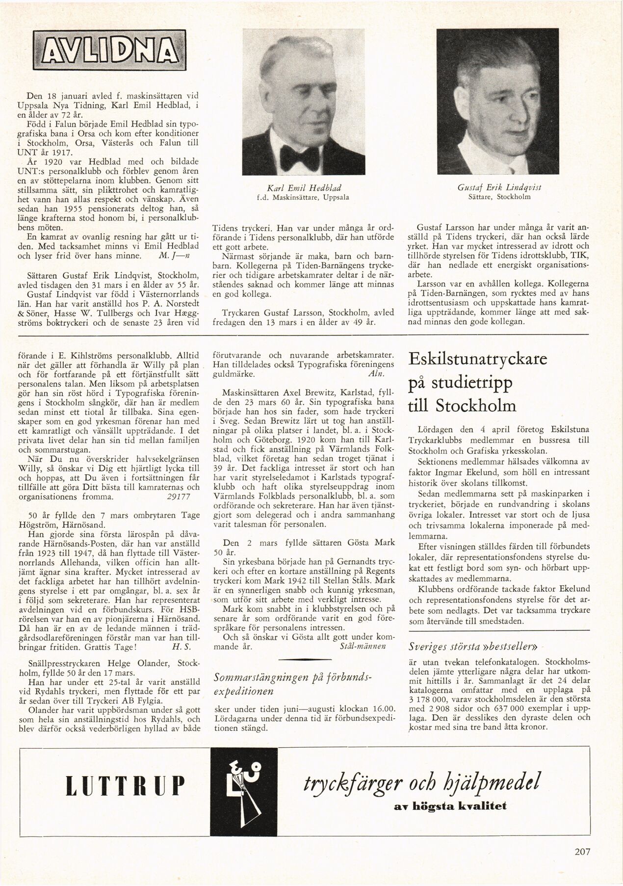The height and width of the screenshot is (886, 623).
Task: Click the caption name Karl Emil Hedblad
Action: click(x=304, y=188)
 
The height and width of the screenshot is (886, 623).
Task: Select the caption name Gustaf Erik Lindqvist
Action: click(x=498, y=188)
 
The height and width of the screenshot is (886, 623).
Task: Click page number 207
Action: click(x=582, y=865)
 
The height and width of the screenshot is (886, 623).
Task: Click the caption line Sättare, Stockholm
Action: click(x=499, y=197)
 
